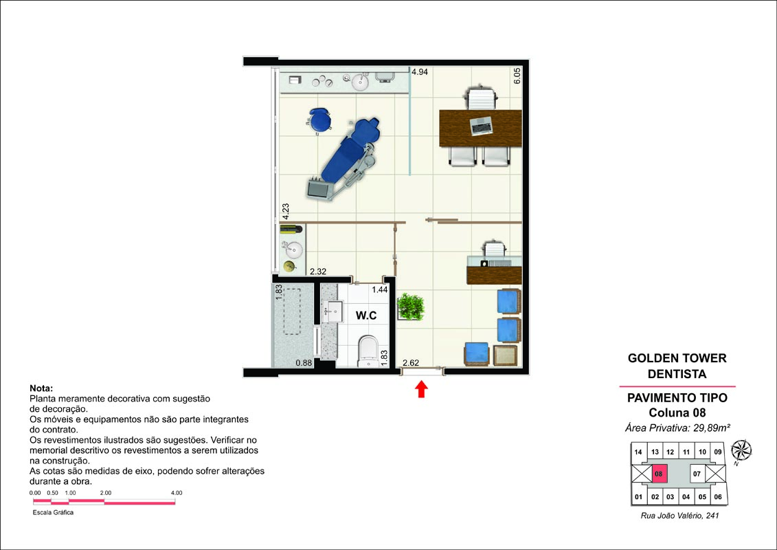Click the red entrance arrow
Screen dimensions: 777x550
point(421,389)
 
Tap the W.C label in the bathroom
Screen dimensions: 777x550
point(366,316)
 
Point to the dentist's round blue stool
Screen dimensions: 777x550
point(319,121)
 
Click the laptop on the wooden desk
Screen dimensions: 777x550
point(481,126)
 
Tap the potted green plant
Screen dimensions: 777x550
point(411,307)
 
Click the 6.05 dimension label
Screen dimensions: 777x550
point(517,76)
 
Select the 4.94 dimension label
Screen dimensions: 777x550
point(419,72)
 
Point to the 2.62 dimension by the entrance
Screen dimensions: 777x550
point(411,363)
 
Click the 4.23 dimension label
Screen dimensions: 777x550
point(286,211)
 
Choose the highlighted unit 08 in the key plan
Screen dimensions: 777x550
point(658,474)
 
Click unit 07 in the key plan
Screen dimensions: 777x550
point(697,474)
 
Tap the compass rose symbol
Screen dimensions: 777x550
point(741,450)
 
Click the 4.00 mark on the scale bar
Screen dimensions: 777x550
point(177,493)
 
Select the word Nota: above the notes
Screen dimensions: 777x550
point(41,388)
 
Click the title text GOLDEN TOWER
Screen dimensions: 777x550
point(677,358)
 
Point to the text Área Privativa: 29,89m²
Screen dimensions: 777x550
point(677,428)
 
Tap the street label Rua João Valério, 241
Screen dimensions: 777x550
point(679,516)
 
